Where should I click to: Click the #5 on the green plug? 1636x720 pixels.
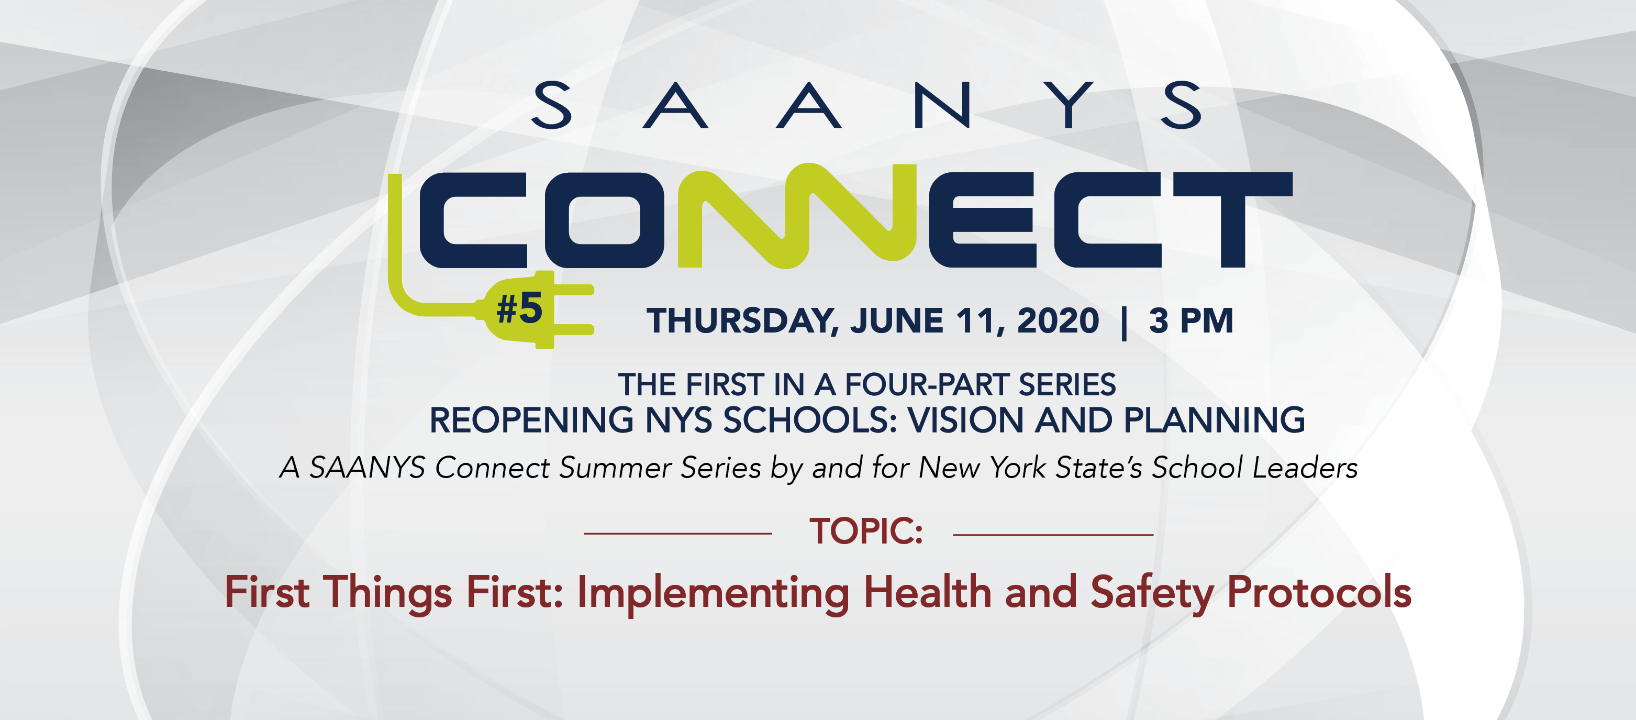pyautogui.click(x=519, y=308)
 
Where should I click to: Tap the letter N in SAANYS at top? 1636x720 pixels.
pyautogui.click(x=942, y=105)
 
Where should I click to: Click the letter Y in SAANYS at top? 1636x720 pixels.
pyautogui.click(x=1071, y=105)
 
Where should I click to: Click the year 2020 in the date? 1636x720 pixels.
pyautogui.click(x=1058, y=320)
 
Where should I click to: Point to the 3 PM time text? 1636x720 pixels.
pyautogui.click(x=1192, y=320)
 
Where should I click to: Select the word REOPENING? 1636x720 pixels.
pyautogui.click(x=531, y=420)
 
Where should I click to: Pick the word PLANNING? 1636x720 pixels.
pyautogui.click(x=1214, y=420)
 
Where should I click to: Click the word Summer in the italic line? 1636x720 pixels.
pyautogui.click(x=615, y=468)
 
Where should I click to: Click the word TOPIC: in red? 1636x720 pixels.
pyautogui.click(x=865, y=531)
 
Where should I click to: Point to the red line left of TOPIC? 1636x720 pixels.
pyautogui.click(x=677, y=534)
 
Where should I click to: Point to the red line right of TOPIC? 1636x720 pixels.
pyautogui.click(x=1053, y=535)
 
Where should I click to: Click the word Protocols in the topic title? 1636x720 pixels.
pyautogui.click(x=1319, y=592)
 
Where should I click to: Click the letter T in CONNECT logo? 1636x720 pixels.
pyautogui.click(x=1232, y=219)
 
